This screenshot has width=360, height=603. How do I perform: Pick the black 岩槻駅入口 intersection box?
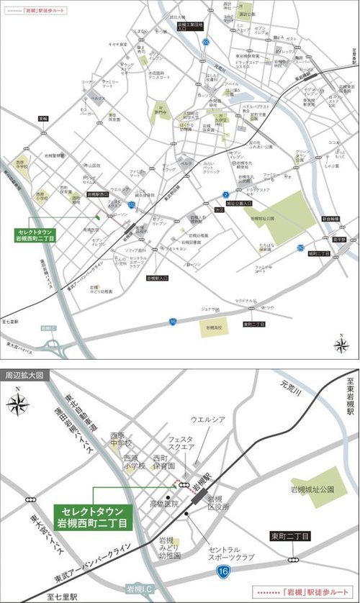[158, 278]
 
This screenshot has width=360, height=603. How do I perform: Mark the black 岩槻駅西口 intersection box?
[97, 194]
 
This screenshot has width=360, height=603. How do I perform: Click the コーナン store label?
[88, 83]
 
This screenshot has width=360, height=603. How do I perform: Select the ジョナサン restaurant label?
[209, 307]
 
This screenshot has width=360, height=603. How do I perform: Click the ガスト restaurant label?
[291, 38]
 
